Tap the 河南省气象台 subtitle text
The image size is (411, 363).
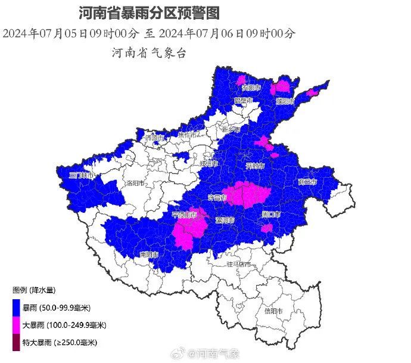point(149,52)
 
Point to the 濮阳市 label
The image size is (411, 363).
point(286,101)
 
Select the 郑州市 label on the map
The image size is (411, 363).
point(209,163)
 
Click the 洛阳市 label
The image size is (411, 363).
point(136,183)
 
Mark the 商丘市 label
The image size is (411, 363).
point(308,182)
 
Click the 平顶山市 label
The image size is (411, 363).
point(184,215)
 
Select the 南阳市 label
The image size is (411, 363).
point(150,255)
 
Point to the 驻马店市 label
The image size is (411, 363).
point(238,263)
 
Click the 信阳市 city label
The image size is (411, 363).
point(273,311)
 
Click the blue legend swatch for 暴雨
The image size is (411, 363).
point(16,309)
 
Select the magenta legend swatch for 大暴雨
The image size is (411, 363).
point(16,325)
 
